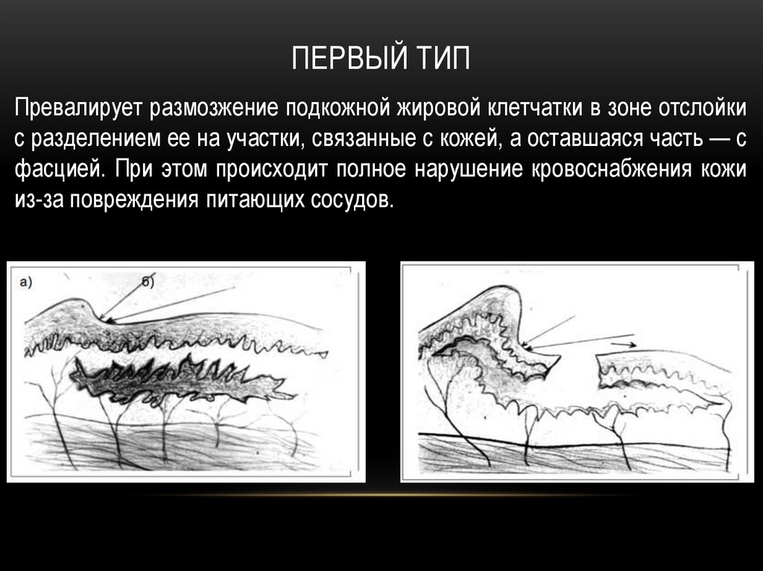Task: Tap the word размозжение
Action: [214, 109]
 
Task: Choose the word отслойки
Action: [701, 109]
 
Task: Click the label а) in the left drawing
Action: [26, 282]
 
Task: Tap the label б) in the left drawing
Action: [148, 281]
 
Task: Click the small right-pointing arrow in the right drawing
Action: [623, 345]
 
